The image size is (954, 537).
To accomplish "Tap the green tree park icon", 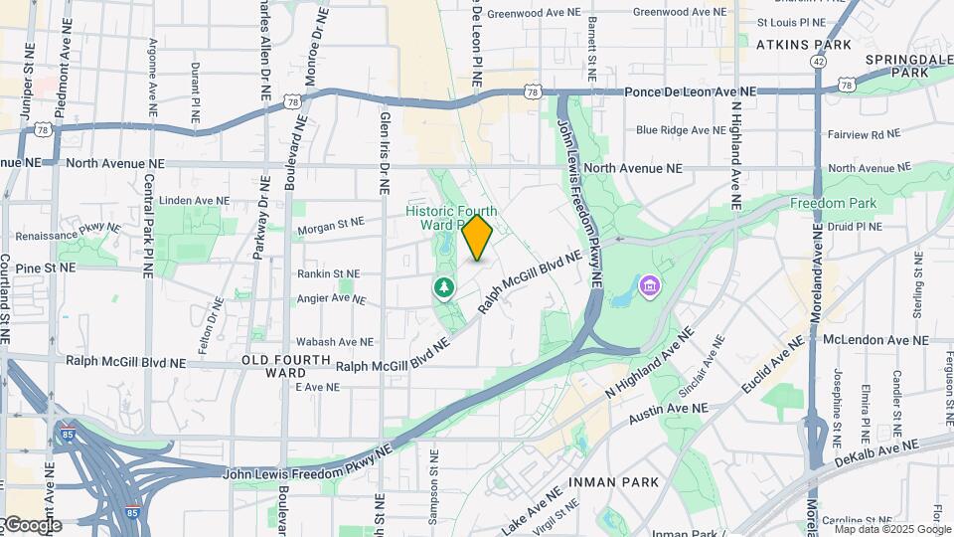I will pyautogui.click(x=443, y=288).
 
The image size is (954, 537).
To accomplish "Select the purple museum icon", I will pyautogui.click(x=650, y=287).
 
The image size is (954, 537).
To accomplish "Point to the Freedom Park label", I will pyautogui.click(x=831, y=203).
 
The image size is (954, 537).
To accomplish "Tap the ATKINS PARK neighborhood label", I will pyautogui.click(x=803, y=45).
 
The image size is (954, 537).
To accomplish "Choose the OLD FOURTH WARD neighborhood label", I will pyautogui.click(x=273, y=365).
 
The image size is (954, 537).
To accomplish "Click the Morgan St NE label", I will pyautogui.click(x=331, y=228).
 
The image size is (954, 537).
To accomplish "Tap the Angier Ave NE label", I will pyautogui.click(x=332, y=297).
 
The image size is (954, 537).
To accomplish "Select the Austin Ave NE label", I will pyautogui.click(x=667, y=409).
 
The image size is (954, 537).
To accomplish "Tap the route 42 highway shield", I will pyautogui.click(x=817, y=61).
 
